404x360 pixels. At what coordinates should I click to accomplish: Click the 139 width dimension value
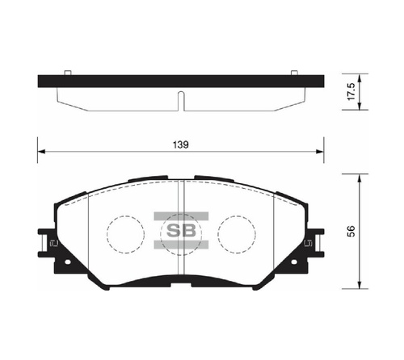181,144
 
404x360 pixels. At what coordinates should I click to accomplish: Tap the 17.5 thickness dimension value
351,91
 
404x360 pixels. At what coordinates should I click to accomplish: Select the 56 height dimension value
351,232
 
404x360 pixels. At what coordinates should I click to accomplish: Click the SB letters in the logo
181,230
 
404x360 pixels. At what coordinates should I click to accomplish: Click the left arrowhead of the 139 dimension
41,152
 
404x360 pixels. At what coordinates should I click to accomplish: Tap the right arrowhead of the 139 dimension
320,152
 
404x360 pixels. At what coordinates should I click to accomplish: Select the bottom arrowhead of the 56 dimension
359,285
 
